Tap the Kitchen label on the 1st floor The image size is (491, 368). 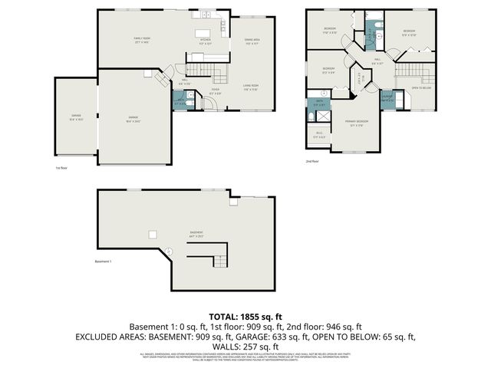coord(205,41)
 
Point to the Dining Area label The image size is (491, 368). coord(252,41)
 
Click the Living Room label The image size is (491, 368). coord(250,87)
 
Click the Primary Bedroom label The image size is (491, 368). coord(356,123)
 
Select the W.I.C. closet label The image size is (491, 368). coord(320,136)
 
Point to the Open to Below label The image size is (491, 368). coord(422,88)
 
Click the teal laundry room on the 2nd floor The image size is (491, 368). coord(387,98)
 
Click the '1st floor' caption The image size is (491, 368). coord(61,167)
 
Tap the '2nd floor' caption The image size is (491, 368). coord(311,162)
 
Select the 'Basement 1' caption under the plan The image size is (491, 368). coord(103,262)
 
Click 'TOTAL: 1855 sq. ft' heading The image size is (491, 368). coord(245,316)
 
